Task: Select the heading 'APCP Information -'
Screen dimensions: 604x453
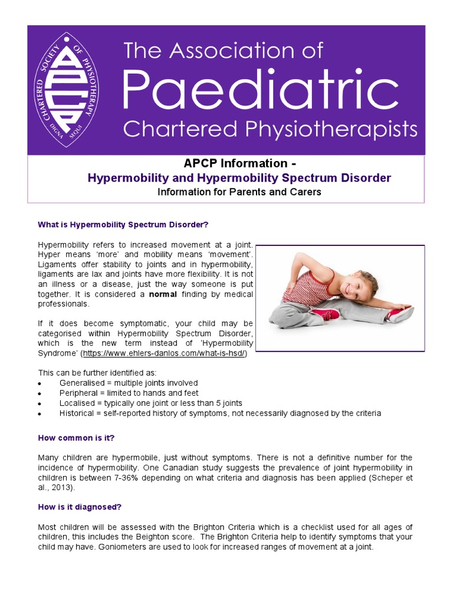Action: point(225,163)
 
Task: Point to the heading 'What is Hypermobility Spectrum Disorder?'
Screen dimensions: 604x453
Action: point(123,224)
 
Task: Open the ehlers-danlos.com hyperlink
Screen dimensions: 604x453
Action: point(164,353)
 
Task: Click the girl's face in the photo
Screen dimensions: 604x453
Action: point(356,288)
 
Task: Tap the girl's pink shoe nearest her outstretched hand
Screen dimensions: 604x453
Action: point(399,314)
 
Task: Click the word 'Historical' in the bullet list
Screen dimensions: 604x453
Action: point(78,413)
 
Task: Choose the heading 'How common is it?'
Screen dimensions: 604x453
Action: point(76,438)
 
